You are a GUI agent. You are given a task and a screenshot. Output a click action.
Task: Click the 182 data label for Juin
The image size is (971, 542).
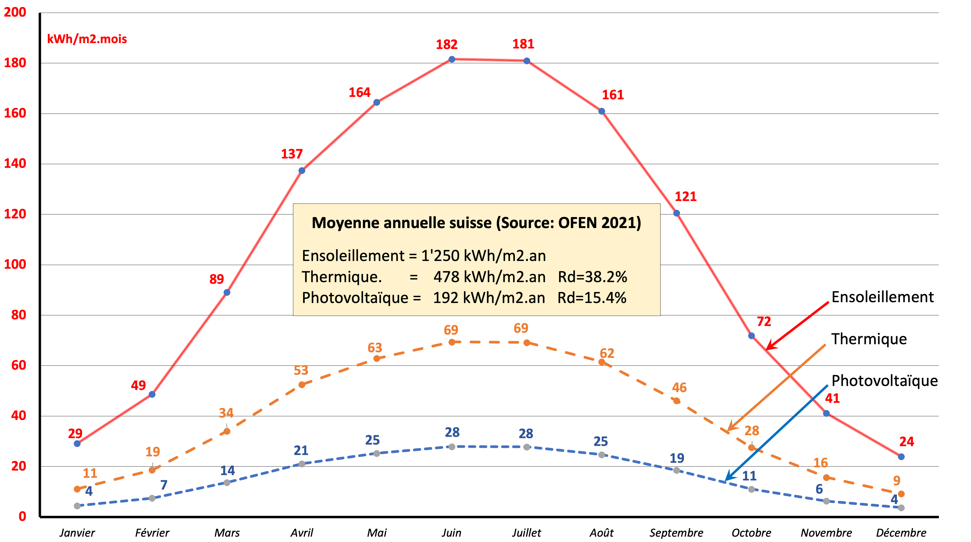[x=447, y=44]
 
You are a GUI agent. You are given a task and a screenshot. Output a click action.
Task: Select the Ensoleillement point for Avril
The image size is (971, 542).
[x=301, y=171]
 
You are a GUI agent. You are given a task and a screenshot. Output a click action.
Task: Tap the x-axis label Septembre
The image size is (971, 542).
[x=676, y=533]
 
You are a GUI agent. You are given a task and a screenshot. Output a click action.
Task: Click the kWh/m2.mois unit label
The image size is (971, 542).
[x=87, y=39]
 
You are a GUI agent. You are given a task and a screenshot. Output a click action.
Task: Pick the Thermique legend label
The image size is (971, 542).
[x=869, y=339]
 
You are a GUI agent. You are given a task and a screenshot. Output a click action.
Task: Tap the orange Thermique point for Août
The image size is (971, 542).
[x=602, y=362]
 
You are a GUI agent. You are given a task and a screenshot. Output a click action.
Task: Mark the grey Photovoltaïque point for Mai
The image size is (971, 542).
[x=377, y=453]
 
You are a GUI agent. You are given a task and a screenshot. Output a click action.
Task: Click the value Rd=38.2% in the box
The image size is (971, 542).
[x=592, y=277]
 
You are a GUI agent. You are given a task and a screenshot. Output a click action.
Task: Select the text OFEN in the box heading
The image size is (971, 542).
[x=578, y=223]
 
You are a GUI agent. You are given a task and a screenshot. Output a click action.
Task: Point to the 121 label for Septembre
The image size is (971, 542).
[x=685, y=196]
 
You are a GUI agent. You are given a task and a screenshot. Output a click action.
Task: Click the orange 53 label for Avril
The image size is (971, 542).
[x=301, y=370]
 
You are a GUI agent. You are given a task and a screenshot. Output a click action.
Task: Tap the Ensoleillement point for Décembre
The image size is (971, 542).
[x=901, y=457]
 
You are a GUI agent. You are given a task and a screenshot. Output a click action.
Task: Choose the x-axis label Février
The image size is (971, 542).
[x=152, y=533]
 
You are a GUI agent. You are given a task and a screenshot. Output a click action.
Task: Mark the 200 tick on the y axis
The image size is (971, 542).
[x=15, y=12]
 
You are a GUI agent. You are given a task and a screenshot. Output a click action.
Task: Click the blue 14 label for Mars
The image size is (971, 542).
[x=227, y=470]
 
